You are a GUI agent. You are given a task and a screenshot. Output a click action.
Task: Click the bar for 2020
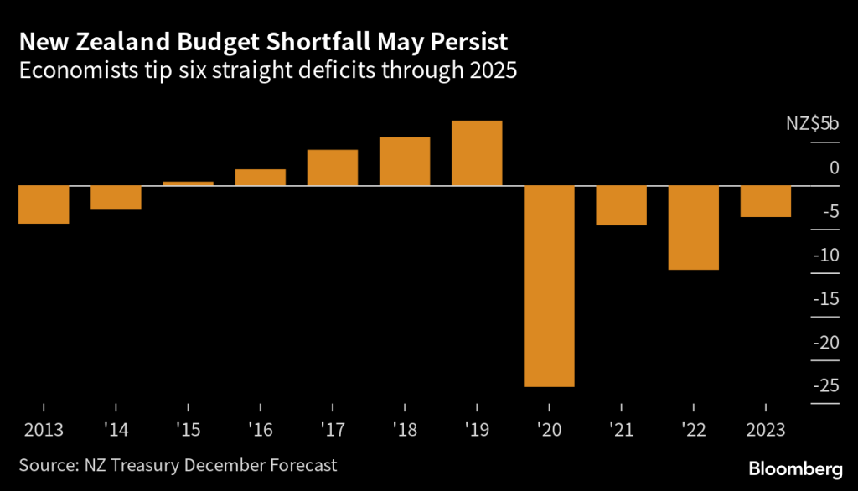pyautogui.click(x=549, y=286)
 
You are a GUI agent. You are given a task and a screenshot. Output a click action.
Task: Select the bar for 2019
pyautogui.click(x=477, y=153)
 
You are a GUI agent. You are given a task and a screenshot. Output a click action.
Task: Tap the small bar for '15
pyautogui.click(x=189, y=183)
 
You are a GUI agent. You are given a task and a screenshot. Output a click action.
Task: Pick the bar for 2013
pyautogui.click(x=44, y=204)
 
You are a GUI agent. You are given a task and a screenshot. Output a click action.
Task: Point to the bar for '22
pyautogui.click(x=694, y=227)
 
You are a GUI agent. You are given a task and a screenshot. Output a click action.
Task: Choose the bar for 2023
pyautogui.click(x=766, y=201)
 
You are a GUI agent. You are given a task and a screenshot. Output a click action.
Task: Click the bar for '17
pyautogui.click(x=333, y=168)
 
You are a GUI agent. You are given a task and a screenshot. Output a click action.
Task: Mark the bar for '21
pyautogui.click(x=622, y=205)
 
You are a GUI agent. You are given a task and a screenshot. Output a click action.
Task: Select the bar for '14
pyautogui.click(x=116, y=198)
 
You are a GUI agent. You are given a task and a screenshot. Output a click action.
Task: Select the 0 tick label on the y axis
pyautogui.click(x=834, y=168)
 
